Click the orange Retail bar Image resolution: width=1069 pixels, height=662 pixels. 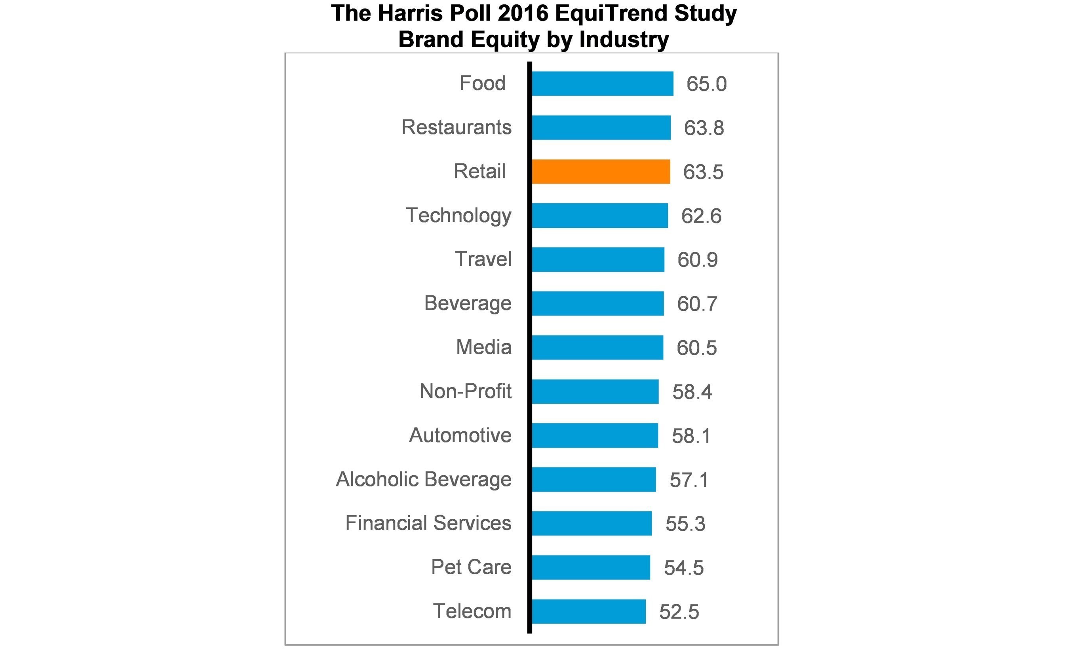tap(601, 171)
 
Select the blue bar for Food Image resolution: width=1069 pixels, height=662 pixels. tap(602, 83)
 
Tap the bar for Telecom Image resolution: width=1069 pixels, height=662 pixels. tap(588, 611)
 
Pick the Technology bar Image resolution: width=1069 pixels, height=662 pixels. tap(599, 216)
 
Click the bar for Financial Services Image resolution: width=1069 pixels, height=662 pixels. tap(591, 523)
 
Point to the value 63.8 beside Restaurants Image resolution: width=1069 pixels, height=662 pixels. tap(704, 128)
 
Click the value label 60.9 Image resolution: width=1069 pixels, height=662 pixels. tap(697, 260)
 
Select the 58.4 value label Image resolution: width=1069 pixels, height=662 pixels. tap(692, 392)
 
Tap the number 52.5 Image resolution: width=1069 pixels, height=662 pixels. tap(679, 612)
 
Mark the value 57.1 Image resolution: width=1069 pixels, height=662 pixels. tap(689, 480)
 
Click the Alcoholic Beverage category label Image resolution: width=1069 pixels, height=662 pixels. tap(423, 479)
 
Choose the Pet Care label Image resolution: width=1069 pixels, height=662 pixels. tap(471, 567)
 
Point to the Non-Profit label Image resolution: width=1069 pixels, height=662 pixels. tap(465, 391)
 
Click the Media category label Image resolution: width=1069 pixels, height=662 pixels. tap(483, 347)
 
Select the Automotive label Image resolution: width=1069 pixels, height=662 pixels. tap(460, 435)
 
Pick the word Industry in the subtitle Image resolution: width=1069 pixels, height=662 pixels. tap(624, 40)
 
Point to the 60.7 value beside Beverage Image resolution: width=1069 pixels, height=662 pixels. tap(696, 304)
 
